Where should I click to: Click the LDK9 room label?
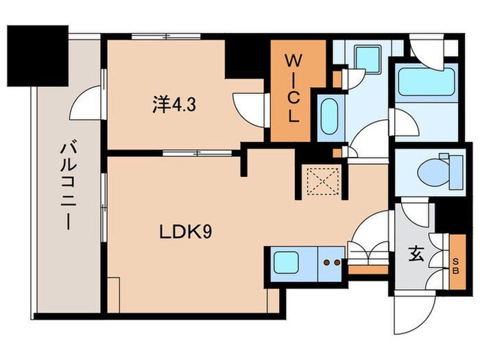click(186, 232)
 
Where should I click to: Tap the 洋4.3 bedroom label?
click(174, 105)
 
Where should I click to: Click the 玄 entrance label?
click(416, 254)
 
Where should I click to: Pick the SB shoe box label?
click(456, 266)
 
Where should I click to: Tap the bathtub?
click(426, 82)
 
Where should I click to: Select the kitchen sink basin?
click(286, 263)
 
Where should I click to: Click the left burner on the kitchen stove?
click(327, 263)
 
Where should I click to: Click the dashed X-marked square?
click(323, 181)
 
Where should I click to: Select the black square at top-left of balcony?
click(38, 56)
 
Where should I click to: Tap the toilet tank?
click(456, 171)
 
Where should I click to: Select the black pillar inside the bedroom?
click(245, 59)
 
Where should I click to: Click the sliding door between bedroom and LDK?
click(197, 153)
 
